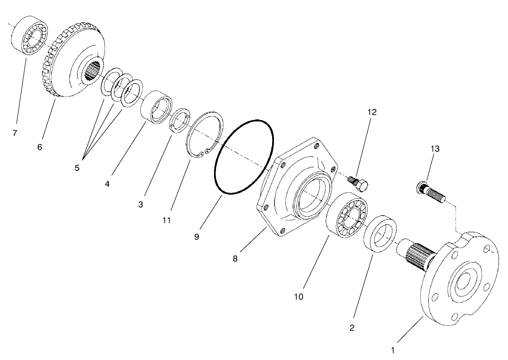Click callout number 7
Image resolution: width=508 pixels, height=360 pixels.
coord(15,133)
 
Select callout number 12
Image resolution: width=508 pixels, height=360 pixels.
coord(371,112)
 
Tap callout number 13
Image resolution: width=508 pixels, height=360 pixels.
coord(435,149)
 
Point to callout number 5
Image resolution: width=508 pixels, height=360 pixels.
coord(77,168)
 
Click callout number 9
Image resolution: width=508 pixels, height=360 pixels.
coord(196,236)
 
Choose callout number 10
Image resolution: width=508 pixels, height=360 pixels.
coord(298,296)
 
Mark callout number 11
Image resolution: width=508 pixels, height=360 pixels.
coord(167,220)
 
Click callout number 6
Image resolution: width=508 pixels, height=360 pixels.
coord(39,147)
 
